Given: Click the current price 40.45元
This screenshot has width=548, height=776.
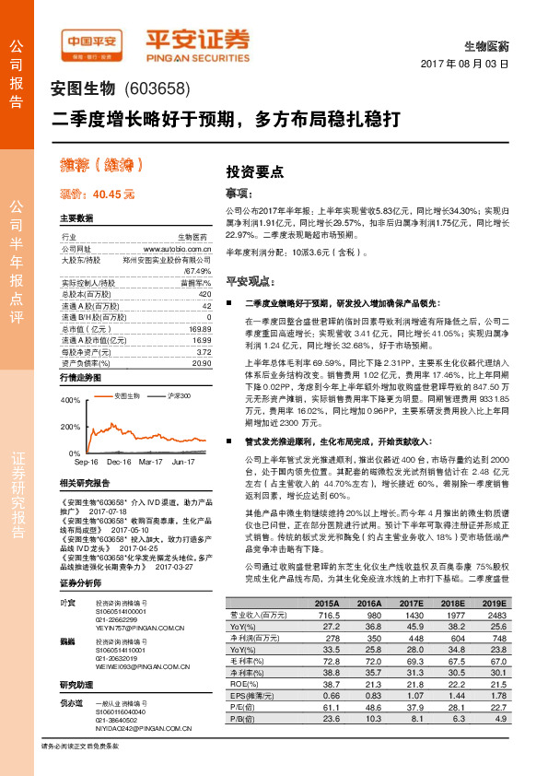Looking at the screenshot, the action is pos(97,194).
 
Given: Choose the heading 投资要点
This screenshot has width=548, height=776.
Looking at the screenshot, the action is pos(255,171).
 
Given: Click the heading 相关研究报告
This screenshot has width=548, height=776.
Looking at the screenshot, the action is pos(84,482).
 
